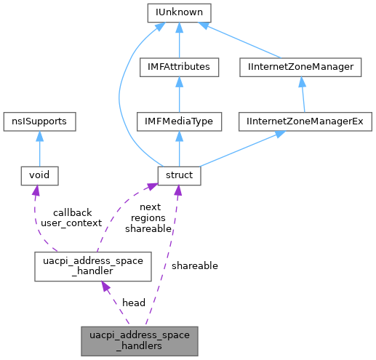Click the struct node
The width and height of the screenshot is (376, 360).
click(179, 175)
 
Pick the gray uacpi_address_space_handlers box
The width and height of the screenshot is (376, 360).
click(138, 341)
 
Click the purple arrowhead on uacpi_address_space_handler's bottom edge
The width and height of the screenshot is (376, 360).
click(106, 289)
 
